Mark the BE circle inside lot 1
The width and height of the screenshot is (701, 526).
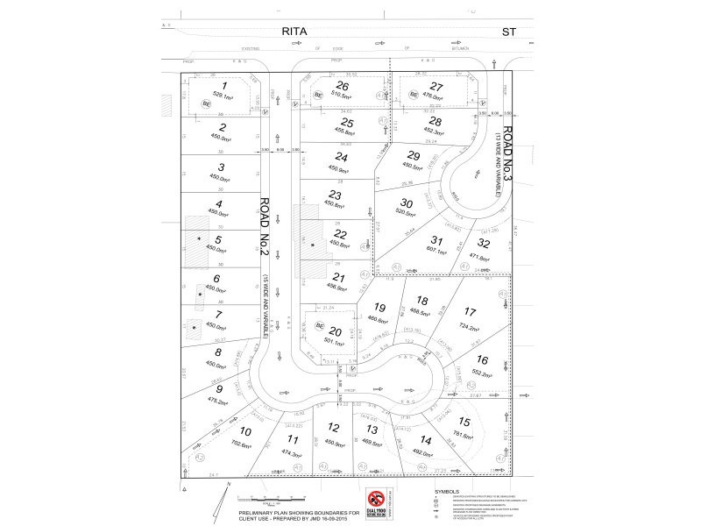tap(207, 103)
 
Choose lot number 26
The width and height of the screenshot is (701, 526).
tap(343, 86)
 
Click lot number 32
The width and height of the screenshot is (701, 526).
tap(484, 244)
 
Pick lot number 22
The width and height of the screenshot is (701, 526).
tap(341, 233)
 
